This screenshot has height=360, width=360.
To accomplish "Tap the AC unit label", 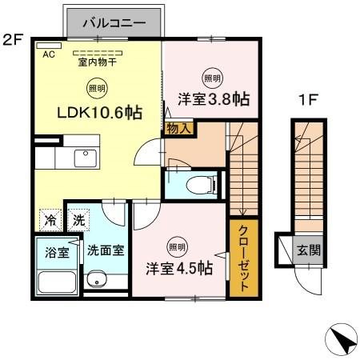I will click(48, 54).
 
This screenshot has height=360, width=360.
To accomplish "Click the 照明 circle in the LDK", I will click(94, 90).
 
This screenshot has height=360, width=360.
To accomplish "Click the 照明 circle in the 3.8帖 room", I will click(212, 78).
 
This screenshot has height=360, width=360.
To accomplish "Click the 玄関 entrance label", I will click(309, 250).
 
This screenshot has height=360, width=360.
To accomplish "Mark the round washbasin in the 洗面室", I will click(97, 280).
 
